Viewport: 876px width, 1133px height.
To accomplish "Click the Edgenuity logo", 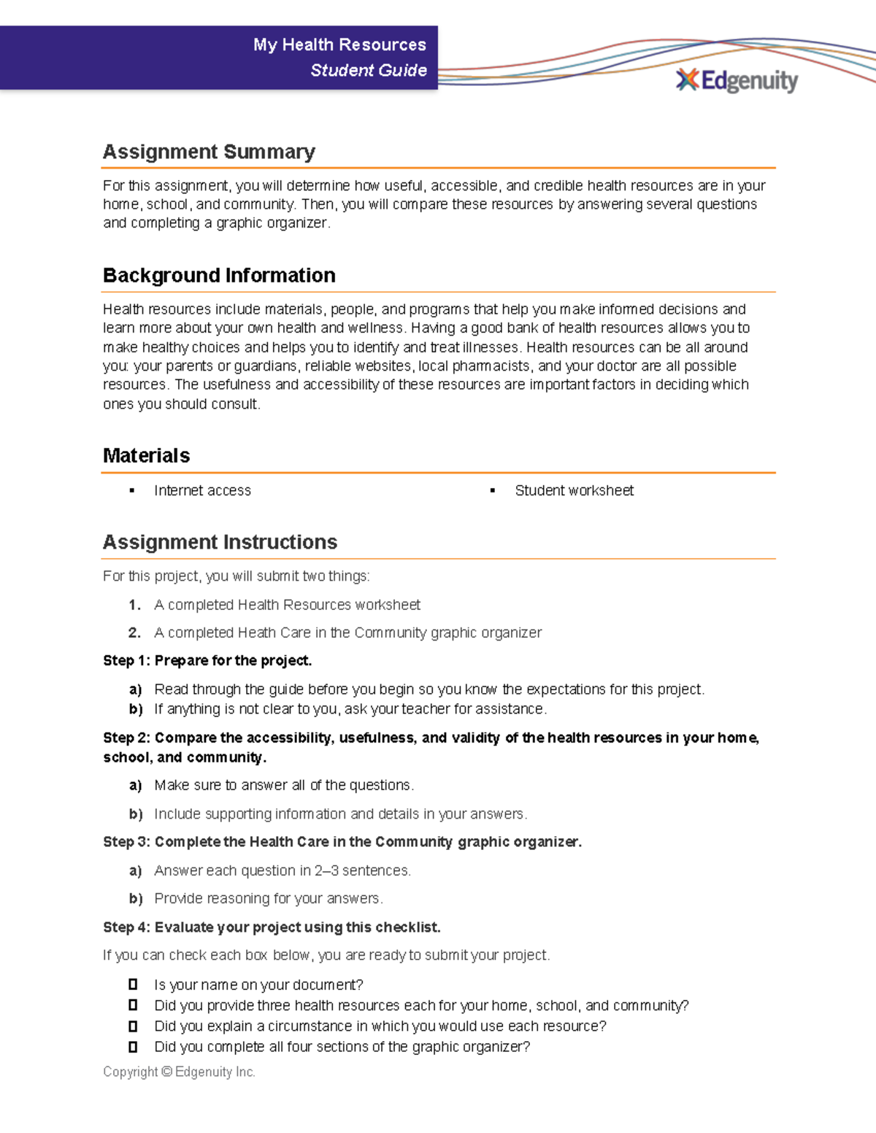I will [737, 80].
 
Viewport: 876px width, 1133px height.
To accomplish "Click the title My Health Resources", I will [339, 45].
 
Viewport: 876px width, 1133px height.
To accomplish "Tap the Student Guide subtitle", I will [368, 70].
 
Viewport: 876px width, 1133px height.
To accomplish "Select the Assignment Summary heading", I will [209, 152].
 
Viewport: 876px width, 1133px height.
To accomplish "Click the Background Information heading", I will [219, 275].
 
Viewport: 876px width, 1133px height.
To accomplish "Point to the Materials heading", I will [146, 455].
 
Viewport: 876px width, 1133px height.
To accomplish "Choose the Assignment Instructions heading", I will [220, 542].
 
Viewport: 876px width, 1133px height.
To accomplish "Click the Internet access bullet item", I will [202, 490].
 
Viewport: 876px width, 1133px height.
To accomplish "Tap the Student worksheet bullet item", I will [574, 490].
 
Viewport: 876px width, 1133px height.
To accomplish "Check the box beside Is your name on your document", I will [133, 984].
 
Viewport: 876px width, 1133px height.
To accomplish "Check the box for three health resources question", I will [133, 1005].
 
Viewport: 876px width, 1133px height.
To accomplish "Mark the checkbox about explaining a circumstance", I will [133, 1026].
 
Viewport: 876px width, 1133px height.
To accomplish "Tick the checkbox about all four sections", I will [133, 1046].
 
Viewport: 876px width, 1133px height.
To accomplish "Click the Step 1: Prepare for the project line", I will [207, 660].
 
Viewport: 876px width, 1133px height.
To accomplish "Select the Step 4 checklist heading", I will [272, 927].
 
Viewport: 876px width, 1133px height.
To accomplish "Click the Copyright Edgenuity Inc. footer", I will [179, 1072].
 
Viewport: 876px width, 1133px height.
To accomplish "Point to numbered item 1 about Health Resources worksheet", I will [287, 605].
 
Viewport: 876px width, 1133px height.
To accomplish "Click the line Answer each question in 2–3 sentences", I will [283, 870].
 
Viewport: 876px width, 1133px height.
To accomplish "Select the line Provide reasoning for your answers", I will [269, 898].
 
